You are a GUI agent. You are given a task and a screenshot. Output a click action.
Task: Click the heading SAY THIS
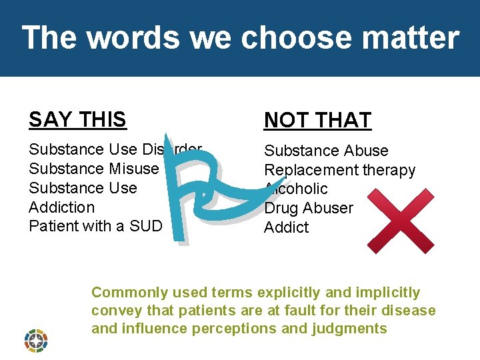[x=77, y=119]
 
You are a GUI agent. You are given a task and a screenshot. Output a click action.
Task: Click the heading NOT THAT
[x=317, y=120]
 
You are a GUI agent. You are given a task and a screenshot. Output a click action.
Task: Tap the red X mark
[x=401, y=220]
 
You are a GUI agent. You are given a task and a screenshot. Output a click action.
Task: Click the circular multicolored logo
[x=36, y=339]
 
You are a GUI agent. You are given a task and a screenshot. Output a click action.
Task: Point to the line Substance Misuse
[x=93, y=169]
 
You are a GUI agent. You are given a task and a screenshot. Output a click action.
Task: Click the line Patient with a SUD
[x=95, y=226]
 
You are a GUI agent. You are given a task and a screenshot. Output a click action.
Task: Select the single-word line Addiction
[x=61, y=207]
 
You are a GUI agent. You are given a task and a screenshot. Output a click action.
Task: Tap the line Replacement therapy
[x=339, y=170]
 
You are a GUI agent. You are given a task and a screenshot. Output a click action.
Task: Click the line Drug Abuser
[x=309, y=208]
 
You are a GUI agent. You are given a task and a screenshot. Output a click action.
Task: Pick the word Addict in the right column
[x=287, y=227]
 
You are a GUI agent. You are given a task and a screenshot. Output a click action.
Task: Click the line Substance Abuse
[x=326, y=151]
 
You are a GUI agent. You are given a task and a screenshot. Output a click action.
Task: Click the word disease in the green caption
[x=411, y=311]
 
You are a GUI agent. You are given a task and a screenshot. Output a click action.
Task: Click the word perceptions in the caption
[x=236, y=329]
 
